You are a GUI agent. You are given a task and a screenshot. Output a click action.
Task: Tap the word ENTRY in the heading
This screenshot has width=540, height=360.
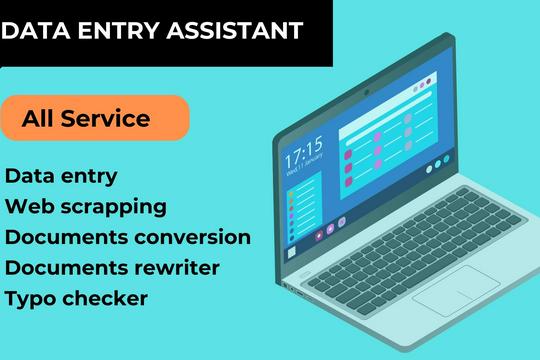(119, 30)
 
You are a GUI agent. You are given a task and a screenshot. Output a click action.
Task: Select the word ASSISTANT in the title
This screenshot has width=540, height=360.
(235, 30)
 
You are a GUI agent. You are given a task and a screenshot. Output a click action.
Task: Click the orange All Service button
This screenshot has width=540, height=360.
(95, 118)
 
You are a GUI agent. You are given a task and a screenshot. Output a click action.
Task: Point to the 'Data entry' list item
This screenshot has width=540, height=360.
(61, 176)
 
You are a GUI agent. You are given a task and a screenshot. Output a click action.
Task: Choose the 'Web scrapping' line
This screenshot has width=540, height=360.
(86, 207)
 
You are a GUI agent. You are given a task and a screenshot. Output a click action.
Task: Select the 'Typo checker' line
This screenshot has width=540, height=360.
(76, 299)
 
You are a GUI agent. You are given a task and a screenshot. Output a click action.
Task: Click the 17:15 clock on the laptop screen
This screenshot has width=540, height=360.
(304, 151)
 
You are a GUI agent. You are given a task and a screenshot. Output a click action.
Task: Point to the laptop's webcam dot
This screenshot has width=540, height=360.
(367, 92)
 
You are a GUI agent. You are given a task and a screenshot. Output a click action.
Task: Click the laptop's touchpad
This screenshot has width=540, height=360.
(457, 290)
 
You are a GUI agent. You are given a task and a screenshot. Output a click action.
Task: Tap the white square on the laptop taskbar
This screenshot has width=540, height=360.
(292, 253)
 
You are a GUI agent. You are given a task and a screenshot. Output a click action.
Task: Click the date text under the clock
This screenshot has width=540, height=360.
(304, 164)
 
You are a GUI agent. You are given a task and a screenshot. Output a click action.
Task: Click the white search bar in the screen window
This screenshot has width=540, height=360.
(389, 118)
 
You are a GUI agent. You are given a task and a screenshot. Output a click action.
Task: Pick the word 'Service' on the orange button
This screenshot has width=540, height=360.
(105, 119)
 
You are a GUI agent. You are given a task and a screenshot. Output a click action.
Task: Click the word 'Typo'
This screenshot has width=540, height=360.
(31, 299)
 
